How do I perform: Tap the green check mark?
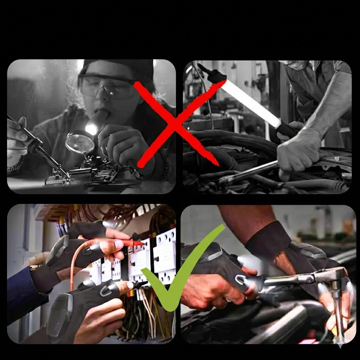tap(176, 278)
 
